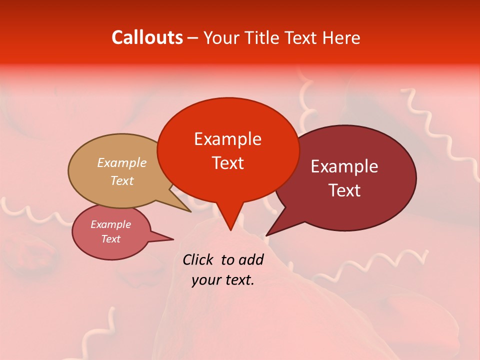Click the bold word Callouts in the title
pos(147,37)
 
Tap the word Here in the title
pos(342,37)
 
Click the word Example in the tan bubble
pos(122,163)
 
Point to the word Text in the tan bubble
pos(122,180)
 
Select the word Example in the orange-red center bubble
pos(227,139)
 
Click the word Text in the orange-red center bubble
pos(227,163)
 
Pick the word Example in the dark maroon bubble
pos(344,166)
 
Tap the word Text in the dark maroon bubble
pos(344,190)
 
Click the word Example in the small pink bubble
pos(110,225)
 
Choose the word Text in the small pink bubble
pos(110,239)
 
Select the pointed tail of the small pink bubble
pos(170,239)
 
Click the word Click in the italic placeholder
pos(197,260)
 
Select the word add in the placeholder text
pos(251,260)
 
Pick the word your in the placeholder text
pos(205,280)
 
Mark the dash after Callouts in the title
pos(193,38)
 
